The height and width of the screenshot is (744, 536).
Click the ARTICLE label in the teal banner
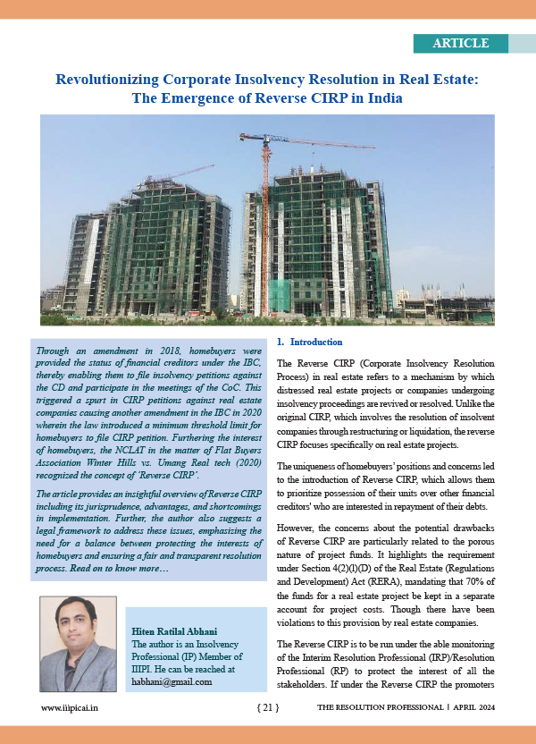[x=460, y=43]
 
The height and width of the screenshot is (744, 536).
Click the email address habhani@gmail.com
[x=172, y=681]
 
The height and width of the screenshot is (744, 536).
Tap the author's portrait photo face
[x=78, y=625]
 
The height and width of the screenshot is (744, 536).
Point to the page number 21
[x=267, y=707]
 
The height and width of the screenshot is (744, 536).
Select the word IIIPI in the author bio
[x=145, y=668]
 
